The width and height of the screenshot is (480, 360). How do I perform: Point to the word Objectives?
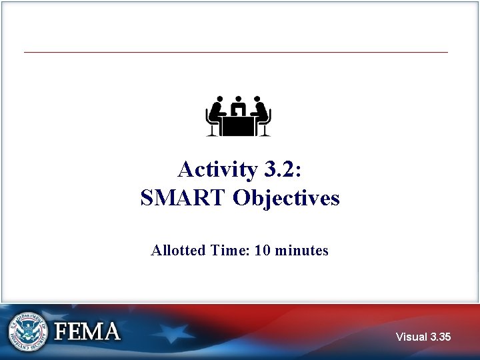tap(286, 198)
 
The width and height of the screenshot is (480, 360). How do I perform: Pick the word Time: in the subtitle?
tap(228, 251)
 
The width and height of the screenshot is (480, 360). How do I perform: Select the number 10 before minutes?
tap(262, 251)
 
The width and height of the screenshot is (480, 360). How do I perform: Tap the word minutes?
tap(301, 251)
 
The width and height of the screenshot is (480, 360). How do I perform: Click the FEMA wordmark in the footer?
tap(87, 331)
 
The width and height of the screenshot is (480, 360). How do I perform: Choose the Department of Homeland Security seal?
tap(29, 331)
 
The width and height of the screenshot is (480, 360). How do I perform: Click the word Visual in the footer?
tap(411, 337)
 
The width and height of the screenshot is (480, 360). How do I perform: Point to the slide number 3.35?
tap(440, 337)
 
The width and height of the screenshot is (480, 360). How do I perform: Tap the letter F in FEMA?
tap(63, 331)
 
